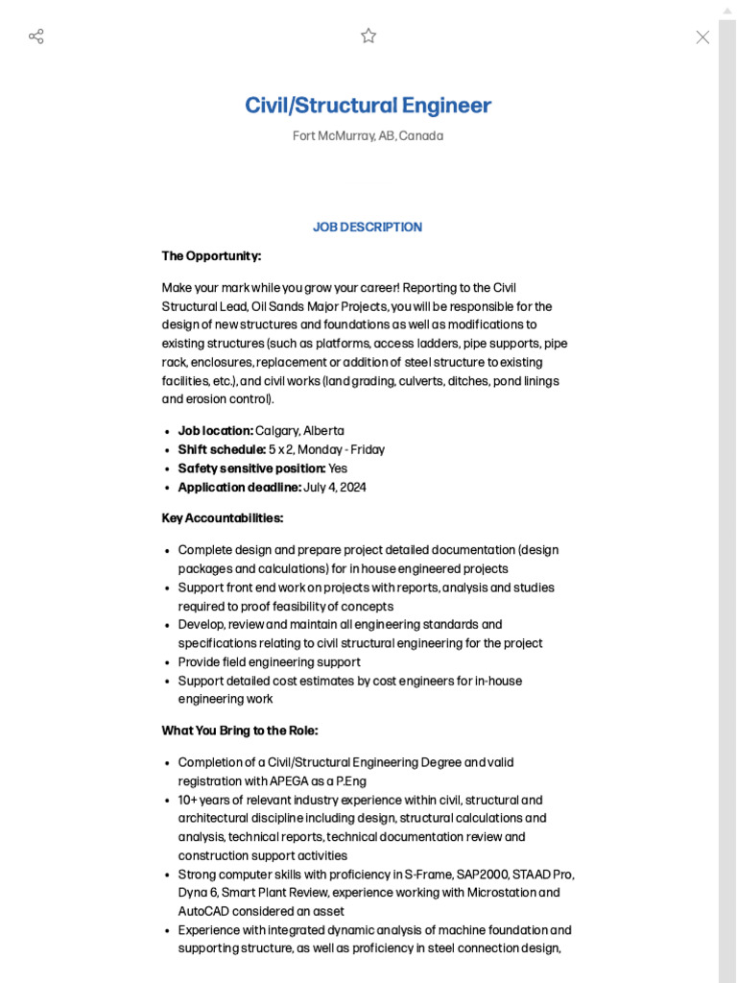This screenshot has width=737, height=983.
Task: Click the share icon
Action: [36, 36]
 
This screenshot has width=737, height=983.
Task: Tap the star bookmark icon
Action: [368, 36]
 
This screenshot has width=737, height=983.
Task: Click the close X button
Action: [702, 37]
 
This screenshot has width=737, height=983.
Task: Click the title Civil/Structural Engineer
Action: [368, 106]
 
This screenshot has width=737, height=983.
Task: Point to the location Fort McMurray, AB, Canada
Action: [368, 136]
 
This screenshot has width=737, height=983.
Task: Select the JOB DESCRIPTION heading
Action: [368, 228]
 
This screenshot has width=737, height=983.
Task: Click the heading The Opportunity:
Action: [211, 256]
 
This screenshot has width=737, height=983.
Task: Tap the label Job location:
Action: [215, 431]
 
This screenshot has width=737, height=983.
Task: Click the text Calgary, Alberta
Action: [299, 431]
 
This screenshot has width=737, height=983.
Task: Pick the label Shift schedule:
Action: [222, 450]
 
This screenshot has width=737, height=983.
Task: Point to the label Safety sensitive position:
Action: [251, 468]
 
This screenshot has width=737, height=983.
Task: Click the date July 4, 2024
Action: [335, 488]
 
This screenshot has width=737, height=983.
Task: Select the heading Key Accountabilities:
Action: [223, 518]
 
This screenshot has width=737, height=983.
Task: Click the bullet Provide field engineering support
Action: [269, 662]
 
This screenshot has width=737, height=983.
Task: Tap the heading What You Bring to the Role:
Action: [239, 731]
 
